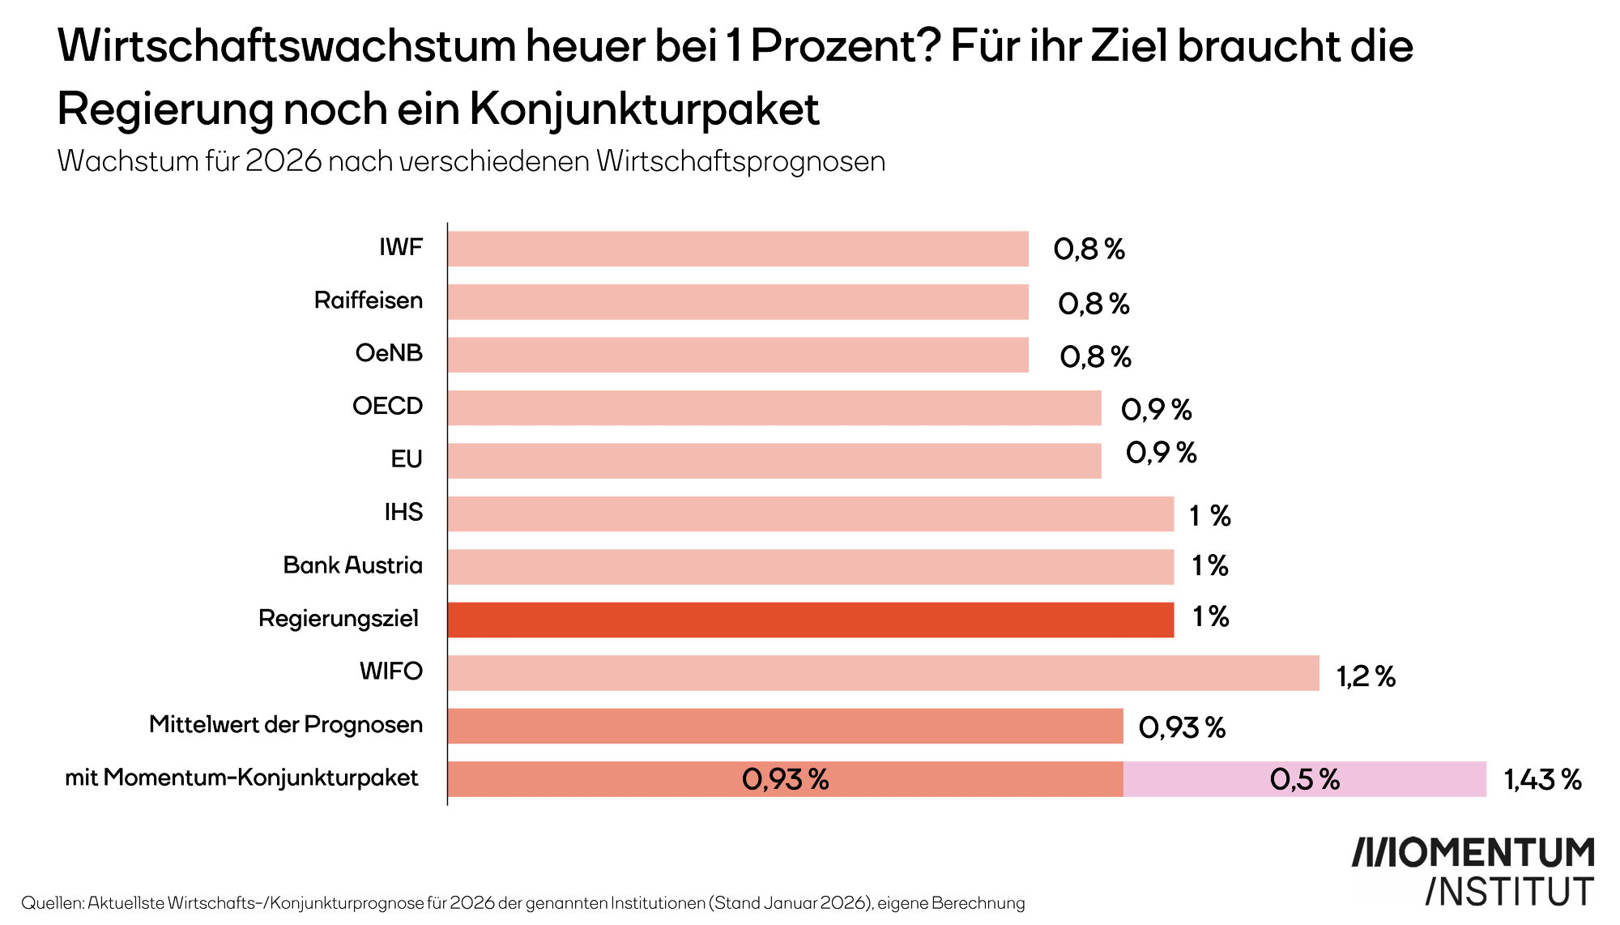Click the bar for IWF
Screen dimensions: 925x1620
(x=737, y=249)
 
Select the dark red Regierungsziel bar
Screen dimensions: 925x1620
(x=810, y=620)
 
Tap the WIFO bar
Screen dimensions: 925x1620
(x=883, y=672)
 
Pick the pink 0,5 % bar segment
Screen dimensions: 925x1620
(x=1304, y=779)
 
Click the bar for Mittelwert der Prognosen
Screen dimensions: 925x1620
(x=785, y=726)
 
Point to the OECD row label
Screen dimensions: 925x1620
(x=387, y=406)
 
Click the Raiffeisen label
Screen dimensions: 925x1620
(x=369, y=301)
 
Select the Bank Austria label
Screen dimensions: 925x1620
(x=352, y=565)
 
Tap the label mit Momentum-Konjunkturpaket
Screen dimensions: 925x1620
(x=241, y=778)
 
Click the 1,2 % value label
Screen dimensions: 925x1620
(x=1366, y=676)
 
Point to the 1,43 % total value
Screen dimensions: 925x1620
(x=1542, y=780)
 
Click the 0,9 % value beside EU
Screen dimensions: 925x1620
(x=1161, y=453)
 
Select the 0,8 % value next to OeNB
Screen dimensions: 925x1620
(x=1095, y=357)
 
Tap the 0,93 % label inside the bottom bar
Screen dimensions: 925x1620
(x=785, y=779)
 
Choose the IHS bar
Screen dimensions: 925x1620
(x=810, y=514)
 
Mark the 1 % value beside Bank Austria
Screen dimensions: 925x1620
(x=1209, y=566)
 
